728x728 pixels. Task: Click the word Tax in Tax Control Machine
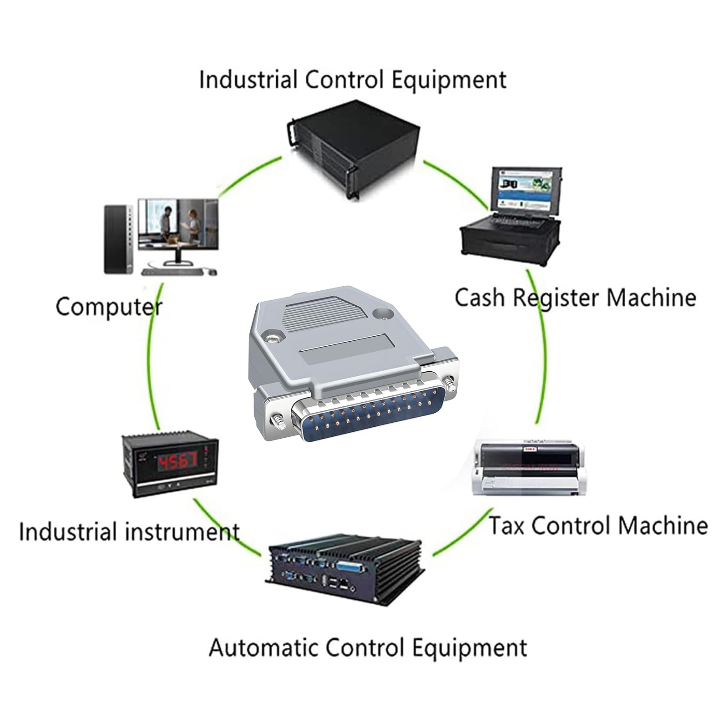point(506,525)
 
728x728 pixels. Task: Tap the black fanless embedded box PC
point(344,571)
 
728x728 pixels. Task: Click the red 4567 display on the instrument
point(177,462)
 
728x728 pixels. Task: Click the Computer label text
point(109,308)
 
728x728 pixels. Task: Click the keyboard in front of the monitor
point(173,272)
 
